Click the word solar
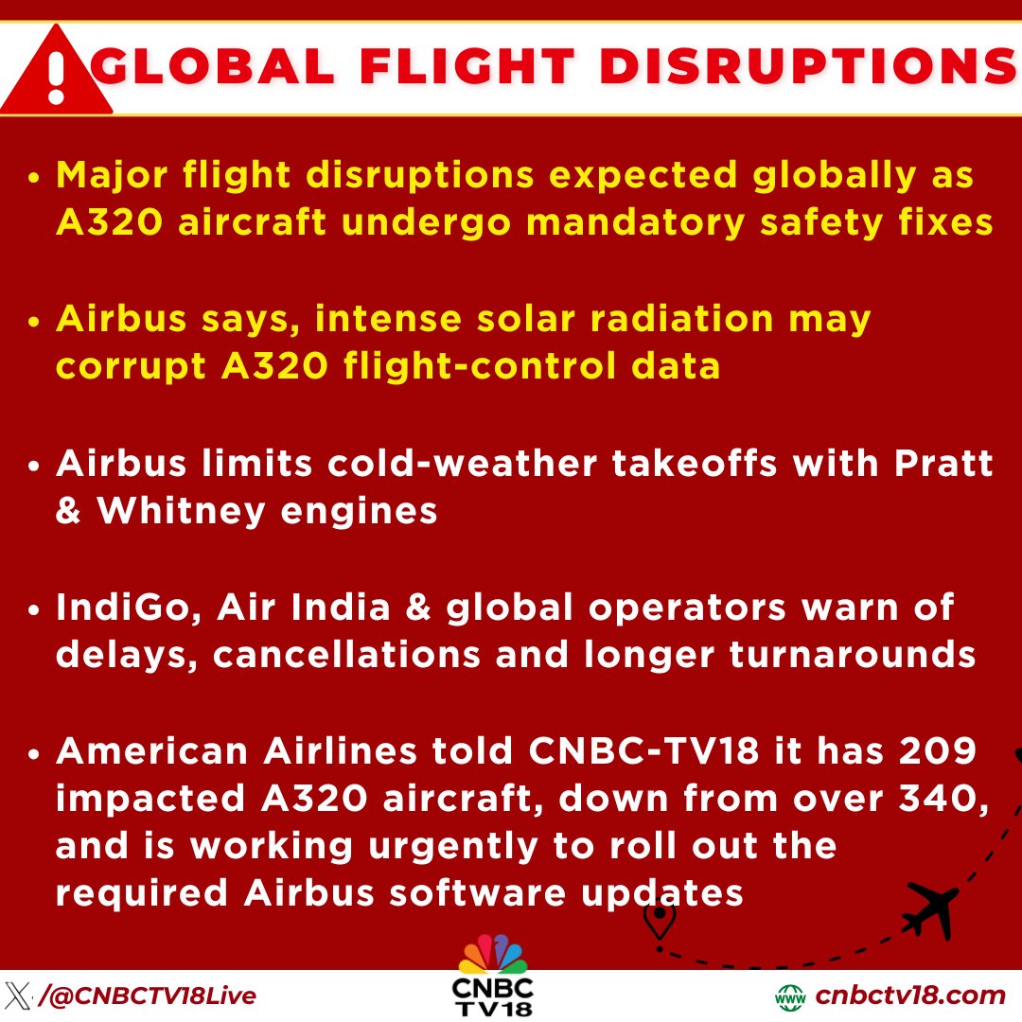545,319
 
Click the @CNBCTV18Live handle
148,996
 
